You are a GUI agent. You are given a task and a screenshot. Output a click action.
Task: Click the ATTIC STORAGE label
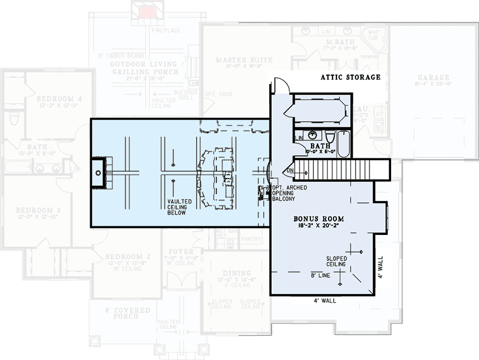point(350,77)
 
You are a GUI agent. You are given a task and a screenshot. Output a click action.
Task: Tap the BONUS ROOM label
point(318,219)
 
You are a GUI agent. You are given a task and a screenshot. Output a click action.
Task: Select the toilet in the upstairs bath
point(330,137)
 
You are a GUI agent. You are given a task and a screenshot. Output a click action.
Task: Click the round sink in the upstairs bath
point(312,136)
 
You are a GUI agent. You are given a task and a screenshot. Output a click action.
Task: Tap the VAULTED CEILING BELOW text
point(179,207)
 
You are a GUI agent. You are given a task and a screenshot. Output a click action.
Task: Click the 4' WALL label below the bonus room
point(325,301)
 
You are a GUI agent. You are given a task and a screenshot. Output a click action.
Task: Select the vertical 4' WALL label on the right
point(381,268)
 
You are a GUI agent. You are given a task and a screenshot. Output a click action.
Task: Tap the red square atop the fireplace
point(148,12)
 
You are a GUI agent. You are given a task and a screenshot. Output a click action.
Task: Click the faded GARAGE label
point(433,78)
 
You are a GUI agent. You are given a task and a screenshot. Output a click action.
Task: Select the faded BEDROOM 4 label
point(59,99)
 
